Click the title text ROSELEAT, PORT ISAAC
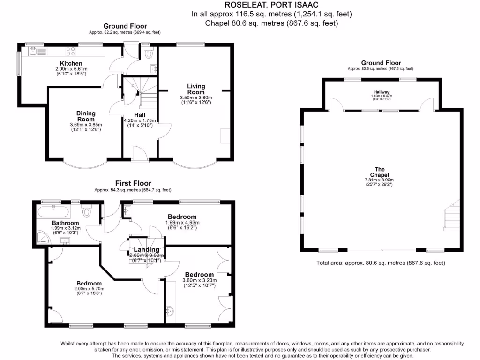pos(271,5)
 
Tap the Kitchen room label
pos(71,63)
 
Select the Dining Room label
pos(86,116)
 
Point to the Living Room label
pos(196,89)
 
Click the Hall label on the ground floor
pos(140,115)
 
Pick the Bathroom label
pos(65,223)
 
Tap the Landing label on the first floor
pos(146,250)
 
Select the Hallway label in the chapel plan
pos(382,92)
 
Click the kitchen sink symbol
pos(36,51)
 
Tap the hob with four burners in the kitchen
pos(71,51)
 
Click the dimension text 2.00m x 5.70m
pos(89,289)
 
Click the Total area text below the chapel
pos(381,263)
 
